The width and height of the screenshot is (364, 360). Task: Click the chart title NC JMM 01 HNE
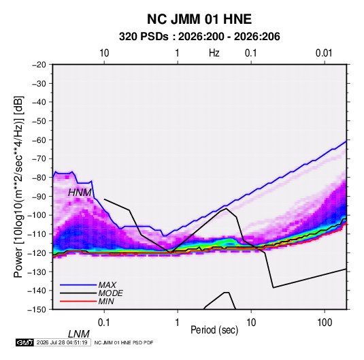coord(199,19)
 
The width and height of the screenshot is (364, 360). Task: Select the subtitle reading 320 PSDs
coord(144,37)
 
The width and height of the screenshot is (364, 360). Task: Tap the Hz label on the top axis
coord(214,53)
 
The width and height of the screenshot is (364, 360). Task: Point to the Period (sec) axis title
coord(214,329)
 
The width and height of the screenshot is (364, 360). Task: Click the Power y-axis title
coord(18,186)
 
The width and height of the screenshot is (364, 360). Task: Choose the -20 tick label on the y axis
coord(39,65)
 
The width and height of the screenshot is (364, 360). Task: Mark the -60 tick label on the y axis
coord(39,140)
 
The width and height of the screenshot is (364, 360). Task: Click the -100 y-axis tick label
coord(37,215)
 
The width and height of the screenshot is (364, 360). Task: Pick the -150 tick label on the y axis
coord(37,310)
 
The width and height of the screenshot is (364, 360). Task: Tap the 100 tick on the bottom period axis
coord(325,323)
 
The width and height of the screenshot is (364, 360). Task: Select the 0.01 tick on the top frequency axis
coord(324,53)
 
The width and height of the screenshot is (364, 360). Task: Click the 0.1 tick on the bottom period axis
coord(104,323)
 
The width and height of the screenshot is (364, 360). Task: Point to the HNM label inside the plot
coord(80,193)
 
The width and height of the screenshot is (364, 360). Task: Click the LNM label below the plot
coord(79,334)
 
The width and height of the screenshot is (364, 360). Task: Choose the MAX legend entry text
coord(107,285)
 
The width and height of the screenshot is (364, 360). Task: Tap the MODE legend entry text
coord(110,293)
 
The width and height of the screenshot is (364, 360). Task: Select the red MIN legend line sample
coord(78,301)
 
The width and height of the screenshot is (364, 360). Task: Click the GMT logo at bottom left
coord(25,342)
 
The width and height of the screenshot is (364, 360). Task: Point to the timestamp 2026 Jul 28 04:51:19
coord(62,342)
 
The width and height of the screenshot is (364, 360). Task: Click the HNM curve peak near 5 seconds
coord(227,208)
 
